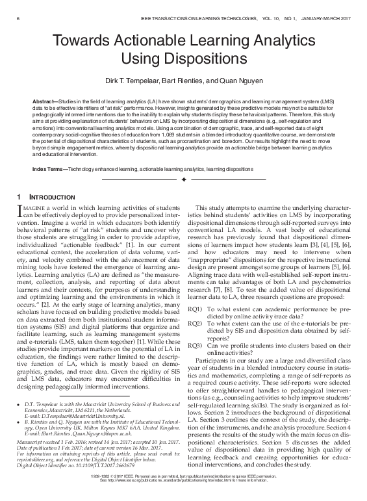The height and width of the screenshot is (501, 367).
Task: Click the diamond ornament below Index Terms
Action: pyautogui.click(x=184, y=178)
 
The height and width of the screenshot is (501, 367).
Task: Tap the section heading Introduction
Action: pyautogui.click(x=50, y=196)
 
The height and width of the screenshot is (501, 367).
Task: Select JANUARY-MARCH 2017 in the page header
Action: pyautogui.click(x=325, y=7)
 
